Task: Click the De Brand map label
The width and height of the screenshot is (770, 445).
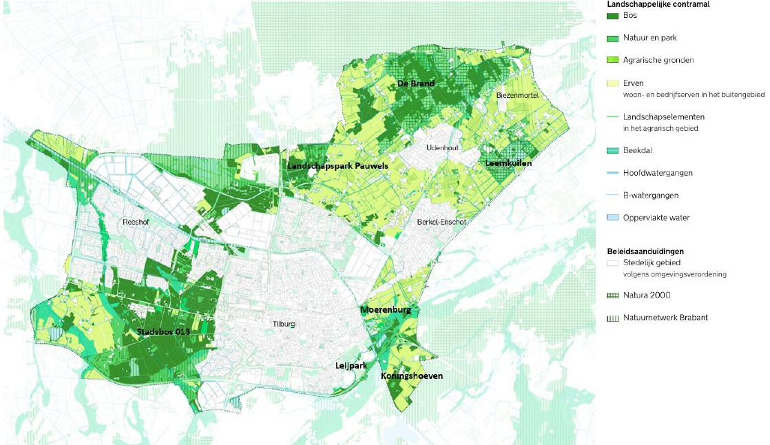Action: [x=415, y=83]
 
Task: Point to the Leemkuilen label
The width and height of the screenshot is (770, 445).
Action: [x=508, y=163]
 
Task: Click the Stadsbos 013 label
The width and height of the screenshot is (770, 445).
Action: [x=162, y=333]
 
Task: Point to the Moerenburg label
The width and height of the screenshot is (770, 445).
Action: [x=386, y=311]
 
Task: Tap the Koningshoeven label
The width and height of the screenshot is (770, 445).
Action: [x=412, y=376]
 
